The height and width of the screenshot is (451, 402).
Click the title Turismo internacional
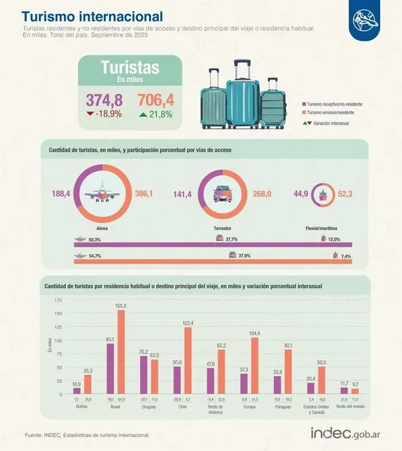[92, 17]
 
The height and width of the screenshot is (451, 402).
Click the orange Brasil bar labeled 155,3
[121, 352]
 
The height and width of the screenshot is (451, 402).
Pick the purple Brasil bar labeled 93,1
[110, 369]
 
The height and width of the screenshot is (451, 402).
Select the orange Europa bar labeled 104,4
[255, 366]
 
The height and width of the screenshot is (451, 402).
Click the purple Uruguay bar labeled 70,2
[144, 375]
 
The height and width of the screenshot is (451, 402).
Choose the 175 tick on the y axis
[58, 300]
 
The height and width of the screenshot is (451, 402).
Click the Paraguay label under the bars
[283, 407]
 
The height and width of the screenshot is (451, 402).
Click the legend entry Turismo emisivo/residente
[330, 113]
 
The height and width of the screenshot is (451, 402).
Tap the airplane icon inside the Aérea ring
[102, 194]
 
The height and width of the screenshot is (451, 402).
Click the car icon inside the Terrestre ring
[222, 195]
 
